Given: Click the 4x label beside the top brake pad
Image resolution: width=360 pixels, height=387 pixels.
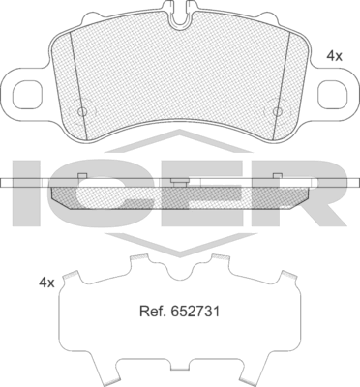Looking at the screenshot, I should (x=335, y=57).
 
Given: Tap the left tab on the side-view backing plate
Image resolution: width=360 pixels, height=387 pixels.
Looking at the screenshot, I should (x=84, y=176).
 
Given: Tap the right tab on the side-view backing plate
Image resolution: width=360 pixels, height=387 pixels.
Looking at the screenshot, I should (x=277, y=176).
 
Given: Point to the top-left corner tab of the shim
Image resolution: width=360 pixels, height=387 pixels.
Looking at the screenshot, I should (x=69, y=278).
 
